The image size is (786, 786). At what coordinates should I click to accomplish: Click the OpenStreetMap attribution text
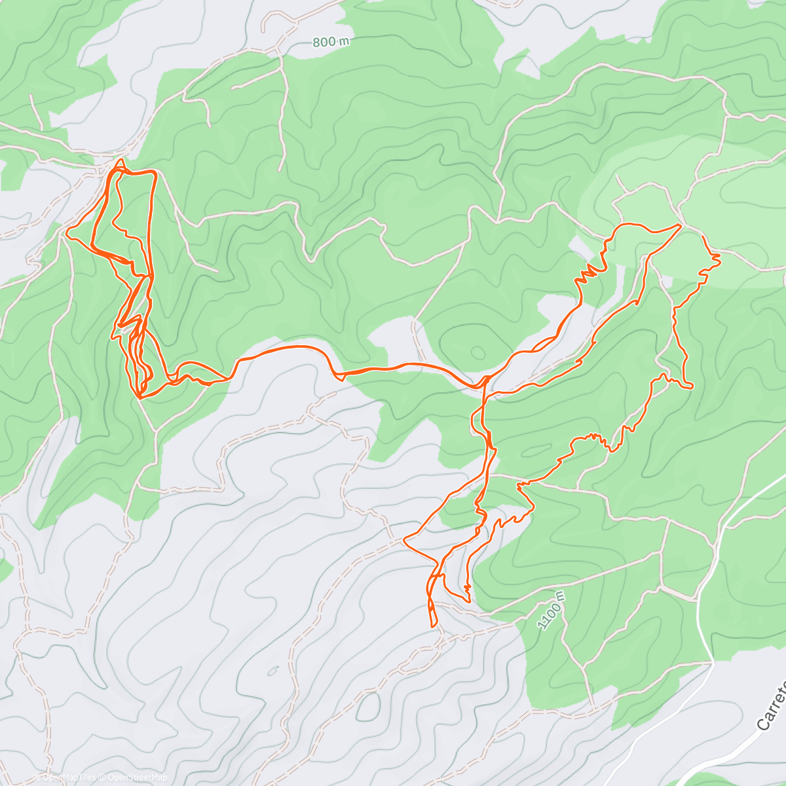pos(138,777)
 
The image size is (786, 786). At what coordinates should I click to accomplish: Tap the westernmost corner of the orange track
pos(67,231)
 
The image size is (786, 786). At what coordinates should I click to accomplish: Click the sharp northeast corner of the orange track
pos(681,225)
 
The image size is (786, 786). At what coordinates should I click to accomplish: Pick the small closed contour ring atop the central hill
pos(477,353)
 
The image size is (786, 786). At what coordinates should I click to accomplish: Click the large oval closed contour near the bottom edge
pos(369,707)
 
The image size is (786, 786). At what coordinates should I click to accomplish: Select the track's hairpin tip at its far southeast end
pos(691,387)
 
